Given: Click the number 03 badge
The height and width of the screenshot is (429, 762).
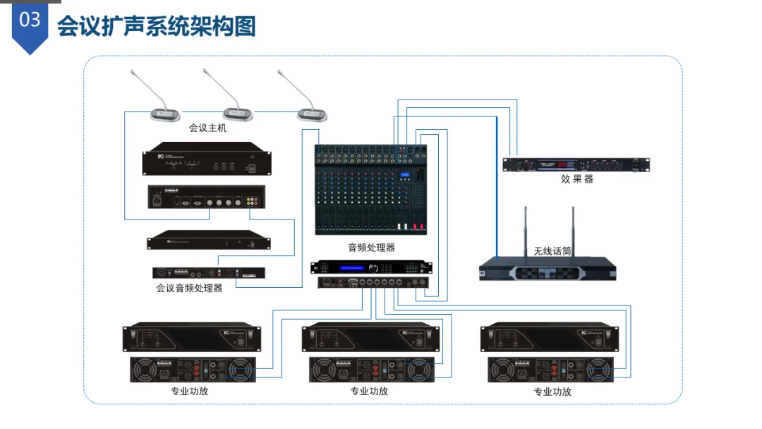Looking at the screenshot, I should (x=30, y=21).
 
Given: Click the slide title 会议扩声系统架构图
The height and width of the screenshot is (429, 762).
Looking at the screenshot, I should (x=156, y=26).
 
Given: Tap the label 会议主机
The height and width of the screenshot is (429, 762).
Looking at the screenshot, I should (x=207, y=128).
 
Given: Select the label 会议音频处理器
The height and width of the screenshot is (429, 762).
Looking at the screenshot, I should (x=189, y=288).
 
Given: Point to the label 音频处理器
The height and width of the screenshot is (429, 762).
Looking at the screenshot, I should (x=371, y=248).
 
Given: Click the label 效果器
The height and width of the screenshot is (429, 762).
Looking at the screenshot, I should (x=576, y=179).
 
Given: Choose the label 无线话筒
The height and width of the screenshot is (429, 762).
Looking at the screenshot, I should (x=552, y=251).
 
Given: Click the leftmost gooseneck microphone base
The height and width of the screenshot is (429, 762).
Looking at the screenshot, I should (x=165, y=114).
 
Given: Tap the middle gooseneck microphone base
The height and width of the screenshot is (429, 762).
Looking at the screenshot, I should (x=238, y=114).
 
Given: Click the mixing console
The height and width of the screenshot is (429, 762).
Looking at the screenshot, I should (x=371, y=191).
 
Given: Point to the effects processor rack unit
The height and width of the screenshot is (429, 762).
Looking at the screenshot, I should (x=576, y=164).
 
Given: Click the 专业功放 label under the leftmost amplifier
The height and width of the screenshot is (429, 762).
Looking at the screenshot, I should (x=189, y=391).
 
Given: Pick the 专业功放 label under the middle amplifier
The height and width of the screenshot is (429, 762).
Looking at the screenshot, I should (x=369, y=391).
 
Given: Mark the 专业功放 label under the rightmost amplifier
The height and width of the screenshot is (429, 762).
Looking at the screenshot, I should (x=552, y=391).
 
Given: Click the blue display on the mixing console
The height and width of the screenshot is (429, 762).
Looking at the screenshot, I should (x=405, y=176).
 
